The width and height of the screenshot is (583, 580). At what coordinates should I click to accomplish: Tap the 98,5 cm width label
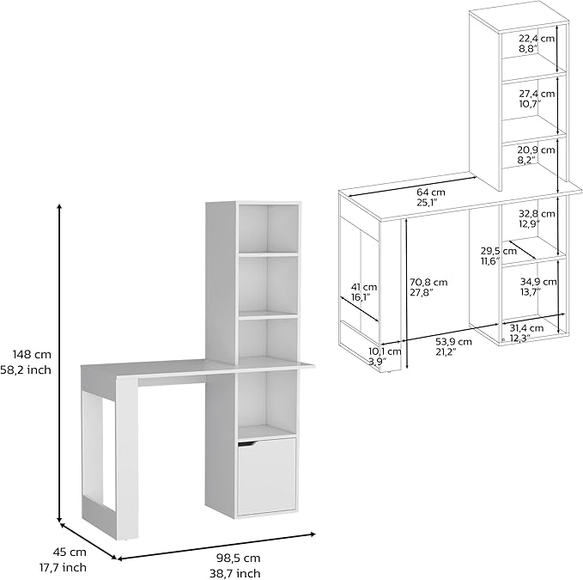(x=239, y=559)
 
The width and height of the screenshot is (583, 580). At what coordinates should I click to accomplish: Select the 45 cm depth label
(x=70, y=553)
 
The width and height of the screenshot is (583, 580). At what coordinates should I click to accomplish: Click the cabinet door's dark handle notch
(x=247, y=443)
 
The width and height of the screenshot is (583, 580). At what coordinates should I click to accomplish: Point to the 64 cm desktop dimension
(x=430, y=192)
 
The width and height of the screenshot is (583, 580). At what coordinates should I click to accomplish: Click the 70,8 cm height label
(x=428, y=283)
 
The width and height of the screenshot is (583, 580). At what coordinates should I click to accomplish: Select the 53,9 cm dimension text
(x=453, y=341)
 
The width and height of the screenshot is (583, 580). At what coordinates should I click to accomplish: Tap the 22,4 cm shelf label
(x=537, y=38)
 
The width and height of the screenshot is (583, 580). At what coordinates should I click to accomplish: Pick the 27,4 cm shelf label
(x=537, y=94)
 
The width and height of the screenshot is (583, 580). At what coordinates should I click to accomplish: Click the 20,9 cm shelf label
(x=536, y=150)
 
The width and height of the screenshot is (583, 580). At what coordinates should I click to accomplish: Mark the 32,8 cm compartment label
(x=537, y=214)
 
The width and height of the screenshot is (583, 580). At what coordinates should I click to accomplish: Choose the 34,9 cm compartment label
(x=538, y=282)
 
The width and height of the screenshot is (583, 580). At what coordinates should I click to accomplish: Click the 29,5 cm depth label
(x=499, y=251)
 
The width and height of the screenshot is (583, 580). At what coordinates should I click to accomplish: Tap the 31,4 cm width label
(x=526, y=328)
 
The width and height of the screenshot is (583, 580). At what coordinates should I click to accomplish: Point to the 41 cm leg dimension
(x=364, y=287)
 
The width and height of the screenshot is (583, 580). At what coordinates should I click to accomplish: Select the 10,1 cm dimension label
(x=385, y=351)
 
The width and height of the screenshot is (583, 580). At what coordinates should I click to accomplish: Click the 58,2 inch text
(x=26, y=370)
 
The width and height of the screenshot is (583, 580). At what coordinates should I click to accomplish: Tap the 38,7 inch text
(x=235, y=574)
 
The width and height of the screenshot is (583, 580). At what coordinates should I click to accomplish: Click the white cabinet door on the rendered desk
(x=266, y=477)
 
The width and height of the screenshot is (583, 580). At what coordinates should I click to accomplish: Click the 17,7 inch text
(x=64, y=568)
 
